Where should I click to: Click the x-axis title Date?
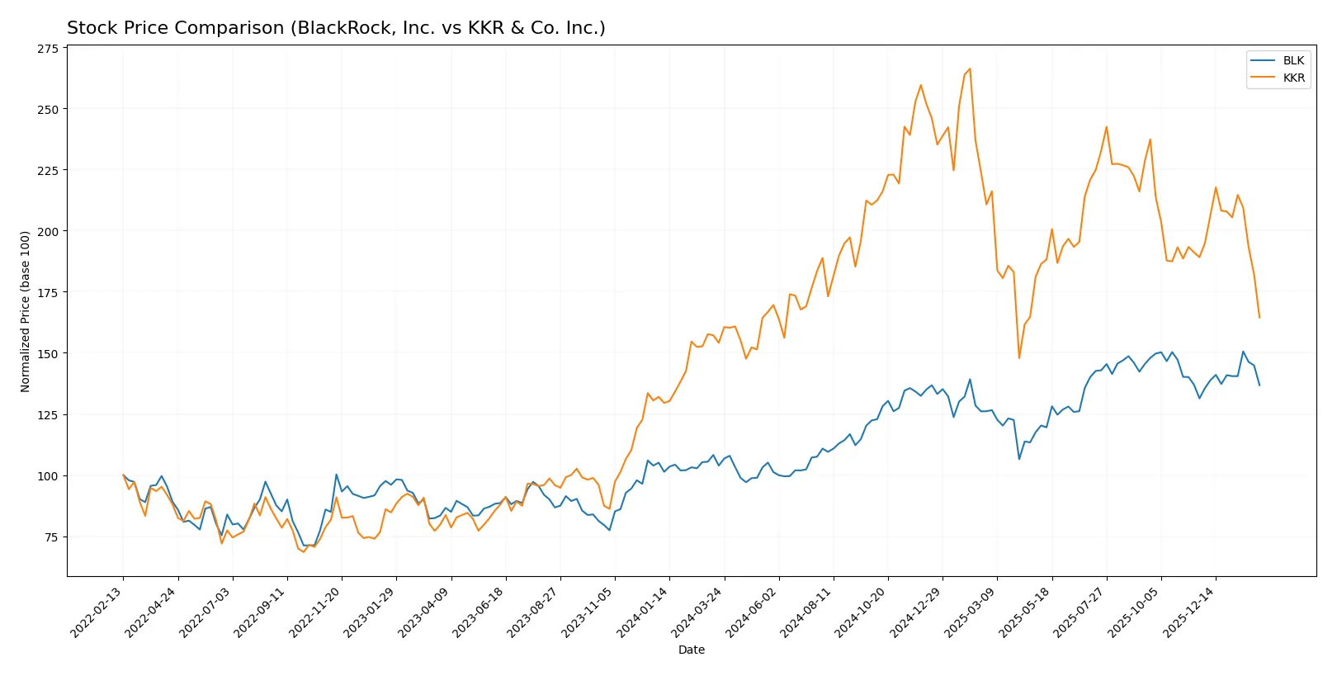pyautogui.click(x=692, y=650)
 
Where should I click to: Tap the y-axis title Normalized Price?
pyautogui.click(x=25, y=311)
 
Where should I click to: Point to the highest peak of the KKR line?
pyautogui.click(x=970, y=69)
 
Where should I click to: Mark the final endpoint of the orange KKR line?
pyautogui.click(x=1259, y=318)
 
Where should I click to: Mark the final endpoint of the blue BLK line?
pyautogui.click(x=1259, y=385)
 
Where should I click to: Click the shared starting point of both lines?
pyautogui.click(x=123, y=475)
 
